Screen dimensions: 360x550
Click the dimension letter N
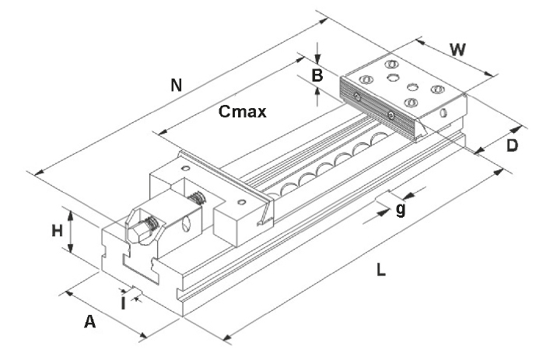click(x=177, y=86)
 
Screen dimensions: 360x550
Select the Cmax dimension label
click(x=242, y=112)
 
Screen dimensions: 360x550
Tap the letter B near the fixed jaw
click(x=317, y=75)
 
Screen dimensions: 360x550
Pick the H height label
click(x=57, y=230)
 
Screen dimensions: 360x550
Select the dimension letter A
click(x=89, y=322)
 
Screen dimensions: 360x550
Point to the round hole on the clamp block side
click(x=187, y=226)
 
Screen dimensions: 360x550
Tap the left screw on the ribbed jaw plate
click(x=356, y=96)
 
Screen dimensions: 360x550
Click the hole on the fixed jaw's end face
click(x=444, y=113)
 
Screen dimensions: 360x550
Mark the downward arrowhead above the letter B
click(x=318, y=59)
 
